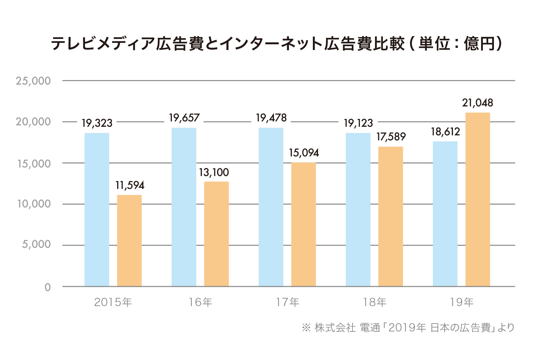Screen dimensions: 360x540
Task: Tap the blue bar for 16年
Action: (x=184, y=207)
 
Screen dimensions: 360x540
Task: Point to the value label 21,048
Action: (x=477, y=103)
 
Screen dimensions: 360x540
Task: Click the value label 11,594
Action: (x=130, y=185)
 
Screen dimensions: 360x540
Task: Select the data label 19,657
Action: (x=184, y=118)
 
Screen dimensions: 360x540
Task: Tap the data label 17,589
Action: (x=391, y=137)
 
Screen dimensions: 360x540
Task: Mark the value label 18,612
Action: (x=445, y=132)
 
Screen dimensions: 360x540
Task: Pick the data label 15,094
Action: (x=304, y=153)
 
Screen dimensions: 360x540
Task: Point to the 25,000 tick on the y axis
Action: (x=33, y=81)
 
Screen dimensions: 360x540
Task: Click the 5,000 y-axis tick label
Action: (x=36, y=245)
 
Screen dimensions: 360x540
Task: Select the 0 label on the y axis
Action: (x=47, y=287)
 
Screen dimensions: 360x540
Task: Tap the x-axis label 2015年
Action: (x=113, y=302)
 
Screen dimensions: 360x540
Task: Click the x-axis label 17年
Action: (x=287, y=302)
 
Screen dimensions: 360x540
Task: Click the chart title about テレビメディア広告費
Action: (x=277, y=44)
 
